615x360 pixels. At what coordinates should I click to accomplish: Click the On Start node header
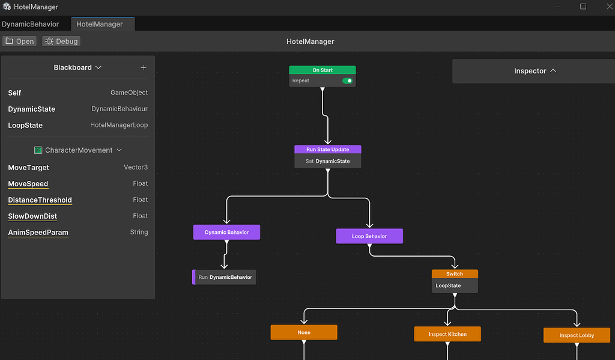click(x=323, y=70)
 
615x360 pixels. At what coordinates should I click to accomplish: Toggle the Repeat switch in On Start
click(x=347, y=81)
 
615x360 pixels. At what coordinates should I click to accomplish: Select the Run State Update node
click(x=328, y=150)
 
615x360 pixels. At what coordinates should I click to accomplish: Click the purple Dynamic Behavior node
click(x=226, y=232)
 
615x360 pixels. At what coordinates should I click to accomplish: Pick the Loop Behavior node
click(x=369, y=236)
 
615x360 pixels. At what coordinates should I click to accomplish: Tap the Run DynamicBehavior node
click(x=225, y=277)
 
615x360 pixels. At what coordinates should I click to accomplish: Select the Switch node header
click(x=455, y=274)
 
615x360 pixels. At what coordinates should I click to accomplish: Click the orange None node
click(x=304, y=332)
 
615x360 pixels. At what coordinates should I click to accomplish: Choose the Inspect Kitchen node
click(x=447, y=334)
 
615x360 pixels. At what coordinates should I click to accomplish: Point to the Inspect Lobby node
click(x=577, y=335)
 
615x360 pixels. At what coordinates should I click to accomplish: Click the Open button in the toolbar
click(x=20, y=41)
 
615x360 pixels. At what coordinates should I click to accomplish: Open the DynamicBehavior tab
click(x=31, y=24)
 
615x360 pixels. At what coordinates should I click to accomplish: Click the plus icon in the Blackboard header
click(x=144, y=67)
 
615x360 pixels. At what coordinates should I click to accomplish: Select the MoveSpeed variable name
click(x=28, y=184)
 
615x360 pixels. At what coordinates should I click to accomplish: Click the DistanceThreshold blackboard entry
click(x=40, y=200)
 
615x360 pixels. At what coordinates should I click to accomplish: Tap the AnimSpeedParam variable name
click(x=38, y=233)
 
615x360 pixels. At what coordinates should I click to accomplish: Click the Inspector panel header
click(x=535, y=71)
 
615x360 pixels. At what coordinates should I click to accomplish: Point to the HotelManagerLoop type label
click(x=119, y=125)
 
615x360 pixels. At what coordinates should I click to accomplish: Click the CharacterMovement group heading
click(x=79, y=150)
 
